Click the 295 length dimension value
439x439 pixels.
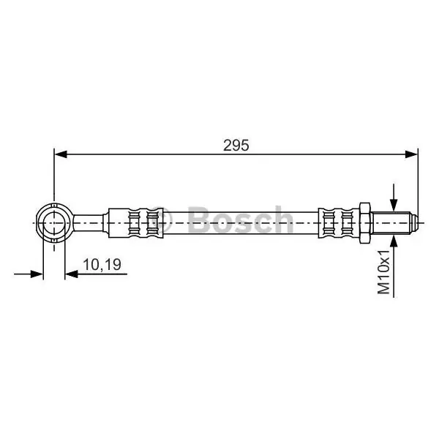[236, 146]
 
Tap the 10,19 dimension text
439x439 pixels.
[102, 265]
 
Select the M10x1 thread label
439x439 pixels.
[383, 272]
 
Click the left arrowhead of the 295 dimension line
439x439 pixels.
[61, 154]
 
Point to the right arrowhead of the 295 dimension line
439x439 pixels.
[411, 154]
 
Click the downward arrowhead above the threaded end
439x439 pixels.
[394, 205]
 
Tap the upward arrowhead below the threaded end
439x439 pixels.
[394, 241]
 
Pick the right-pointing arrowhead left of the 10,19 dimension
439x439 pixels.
[37, 274]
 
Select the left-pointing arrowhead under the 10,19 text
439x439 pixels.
[71, 274]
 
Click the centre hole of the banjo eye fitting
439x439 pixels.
[54, 223]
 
